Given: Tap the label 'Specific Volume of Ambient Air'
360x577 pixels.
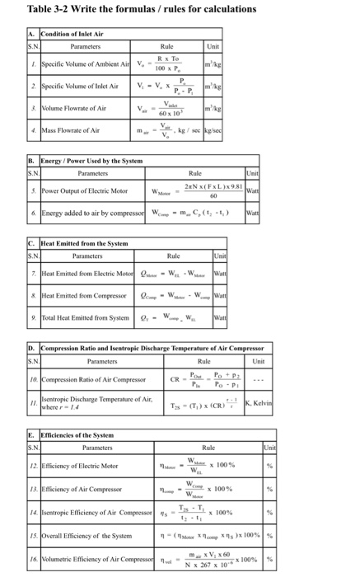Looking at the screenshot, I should click(69, 63).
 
